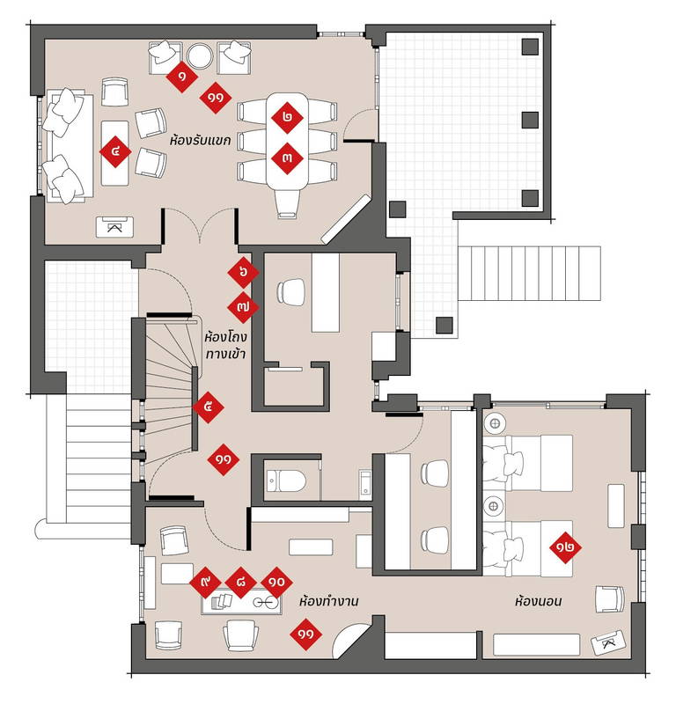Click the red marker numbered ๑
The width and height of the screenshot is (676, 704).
(182, 77)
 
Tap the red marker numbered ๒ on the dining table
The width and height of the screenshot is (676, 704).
(287, 118)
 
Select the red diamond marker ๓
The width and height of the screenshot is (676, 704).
(287, 158)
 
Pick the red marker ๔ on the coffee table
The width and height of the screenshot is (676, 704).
(115, 151)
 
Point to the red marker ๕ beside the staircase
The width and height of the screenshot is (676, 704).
(208, 407)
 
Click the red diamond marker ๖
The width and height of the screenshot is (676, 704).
(244, 272)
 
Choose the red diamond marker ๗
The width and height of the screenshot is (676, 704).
(244, 307)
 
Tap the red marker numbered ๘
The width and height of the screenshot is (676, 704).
(241, 583)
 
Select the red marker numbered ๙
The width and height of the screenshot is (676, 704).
(205, 583)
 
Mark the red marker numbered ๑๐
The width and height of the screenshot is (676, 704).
(276, 583)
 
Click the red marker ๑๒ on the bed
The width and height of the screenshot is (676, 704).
(565, 547)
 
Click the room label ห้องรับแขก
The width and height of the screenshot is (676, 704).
(201, 141)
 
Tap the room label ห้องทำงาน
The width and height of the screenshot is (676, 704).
(329, 601)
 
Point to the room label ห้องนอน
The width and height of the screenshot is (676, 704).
(538, 601)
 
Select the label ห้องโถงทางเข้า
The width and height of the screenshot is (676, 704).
(225, 345)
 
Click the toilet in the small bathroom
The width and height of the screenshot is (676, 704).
(286, 481)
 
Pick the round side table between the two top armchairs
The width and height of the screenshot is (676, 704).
(200, 56)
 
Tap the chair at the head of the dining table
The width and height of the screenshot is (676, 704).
(288, 204)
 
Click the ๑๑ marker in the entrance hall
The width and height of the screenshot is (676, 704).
(224, 459)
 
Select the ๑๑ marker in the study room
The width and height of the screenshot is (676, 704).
(306, 634)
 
